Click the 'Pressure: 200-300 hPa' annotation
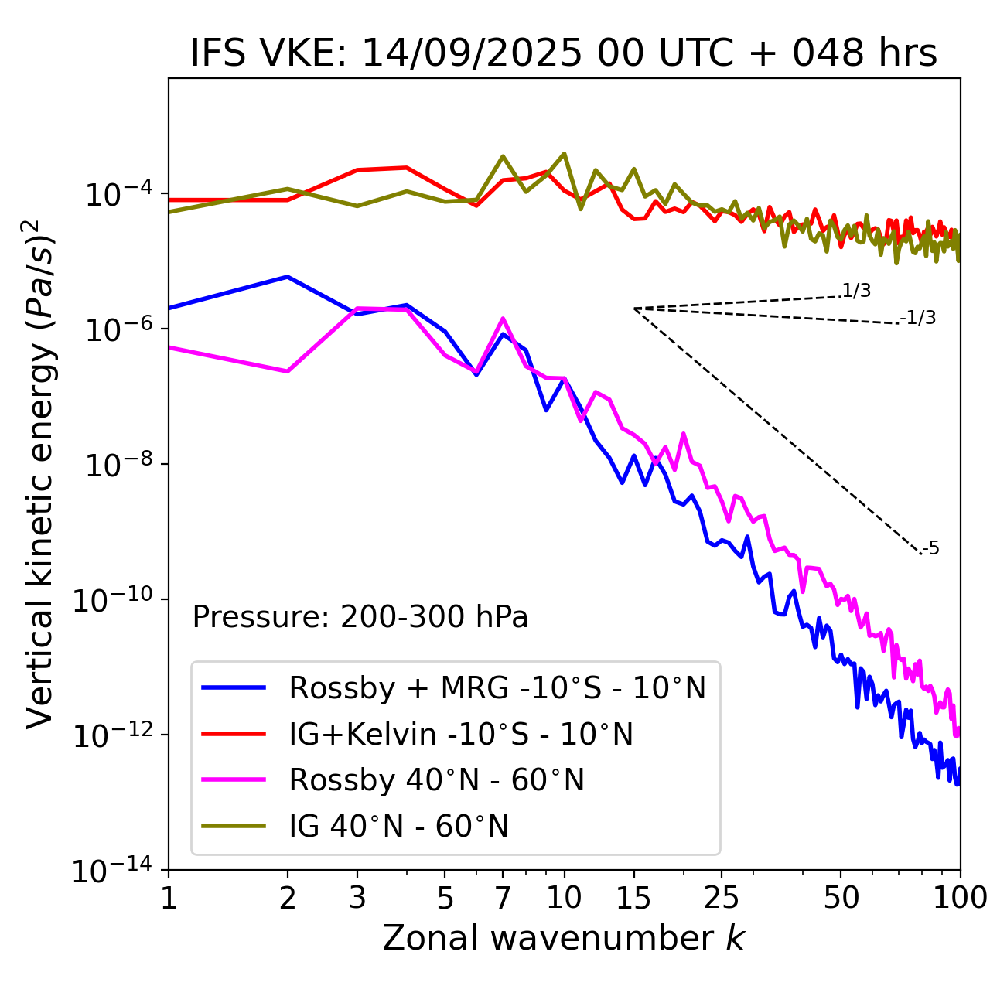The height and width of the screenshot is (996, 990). point(360,617)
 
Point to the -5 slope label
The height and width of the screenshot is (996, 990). point(930,549)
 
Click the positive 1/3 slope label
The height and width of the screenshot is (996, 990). point(856,291)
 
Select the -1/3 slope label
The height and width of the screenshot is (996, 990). point(919,318)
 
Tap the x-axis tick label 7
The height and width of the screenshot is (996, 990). point(503,898)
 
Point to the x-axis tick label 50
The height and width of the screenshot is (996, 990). point(841,898)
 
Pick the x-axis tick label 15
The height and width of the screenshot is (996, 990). point(633,898)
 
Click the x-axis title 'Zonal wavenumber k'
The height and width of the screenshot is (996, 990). point(564,938)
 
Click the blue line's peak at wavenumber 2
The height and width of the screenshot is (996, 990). point(288,276)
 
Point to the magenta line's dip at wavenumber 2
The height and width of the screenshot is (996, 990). point(288,372)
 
